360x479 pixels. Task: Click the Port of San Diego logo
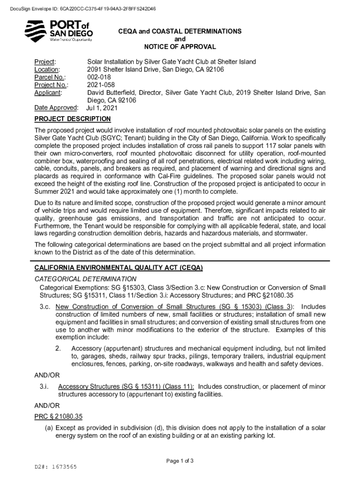pyautogui.click(x=58, y=31)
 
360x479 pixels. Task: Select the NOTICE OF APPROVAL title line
pyautogui.click(x=180, y=47)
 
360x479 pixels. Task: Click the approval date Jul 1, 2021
pyautogui.click(x=102, y=108)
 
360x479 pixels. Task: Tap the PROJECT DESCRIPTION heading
pyautogui.click(x=72, y=119)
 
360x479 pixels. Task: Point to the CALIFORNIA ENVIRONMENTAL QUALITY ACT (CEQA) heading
pyautogui.click(x=119, y=268)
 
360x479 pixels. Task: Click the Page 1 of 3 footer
pyautogui.click(x=180, y=461)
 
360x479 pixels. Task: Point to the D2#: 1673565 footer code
pyautogui.click(x=56, y=467)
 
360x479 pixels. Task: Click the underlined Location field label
pyautogui.click(x=49, y=69)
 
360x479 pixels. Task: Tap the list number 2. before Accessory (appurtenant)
pyautogui.click(x=58, y=348)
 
